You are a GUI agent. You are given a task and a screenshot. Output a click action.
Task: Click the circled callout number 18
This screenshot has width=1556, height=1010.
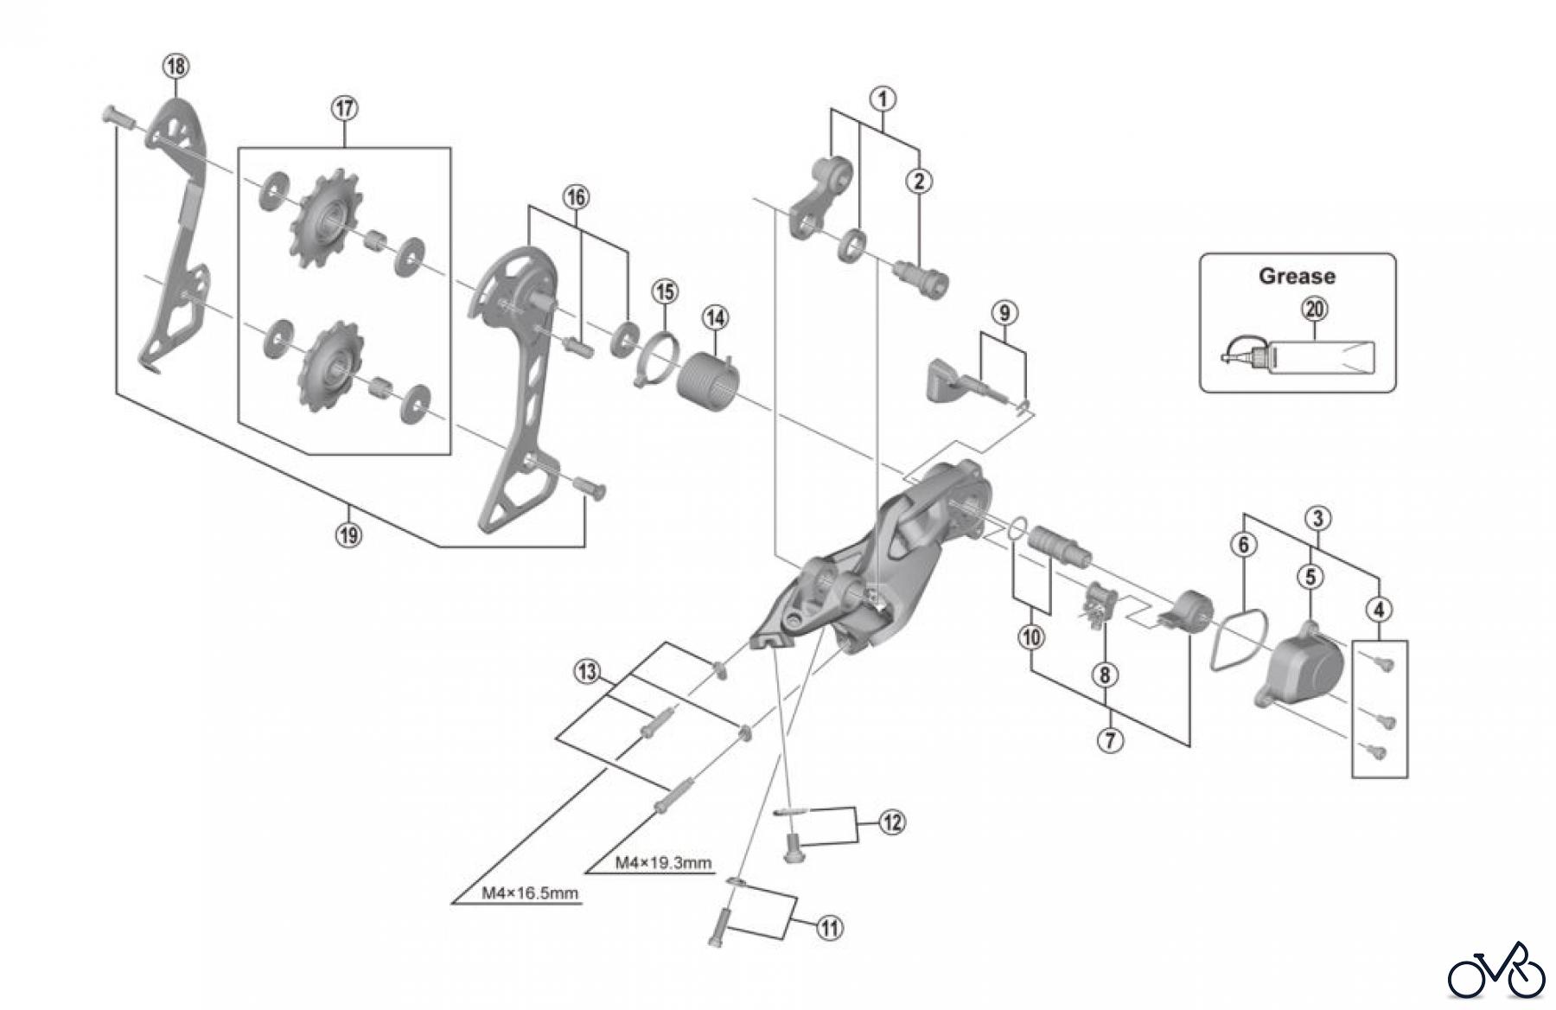[175, 66]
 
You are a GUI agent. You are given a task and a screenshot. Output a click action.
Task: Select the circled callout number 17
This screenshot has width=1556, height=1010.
[344, 108]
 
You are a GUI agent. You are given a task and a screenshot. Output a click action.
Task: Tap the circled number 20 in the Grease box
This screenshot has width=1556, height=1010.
[1315, 309]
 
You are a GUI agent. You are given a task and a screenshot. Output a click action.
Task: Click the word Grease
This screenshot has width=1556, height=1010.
[1297, 276]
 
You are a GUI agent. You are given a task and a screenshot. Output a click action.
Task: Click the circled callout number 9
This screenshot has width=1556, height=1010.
[1004, 312]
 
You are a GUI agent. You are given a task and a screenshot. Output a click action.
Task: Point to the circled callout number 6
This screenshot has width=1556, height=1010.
[1244, 545]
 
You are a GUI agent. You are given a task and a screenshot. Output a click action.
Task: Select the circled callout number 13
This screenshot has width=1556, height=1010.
[588, 671]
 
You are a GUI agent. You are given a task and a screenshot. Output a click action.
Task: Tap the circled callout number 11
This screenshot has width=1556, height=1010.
[829, 929]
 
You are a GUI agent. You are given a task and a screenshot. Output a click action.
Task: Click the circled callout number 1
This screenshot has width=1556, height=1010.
[883, 98]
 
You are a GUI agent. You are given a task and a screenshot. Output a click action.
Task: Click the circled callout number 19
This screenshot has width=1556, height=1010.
[349, 534]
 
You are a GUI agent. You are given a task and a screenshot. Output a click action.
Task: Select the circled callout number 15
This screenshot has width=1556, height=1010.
[665, 291]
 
